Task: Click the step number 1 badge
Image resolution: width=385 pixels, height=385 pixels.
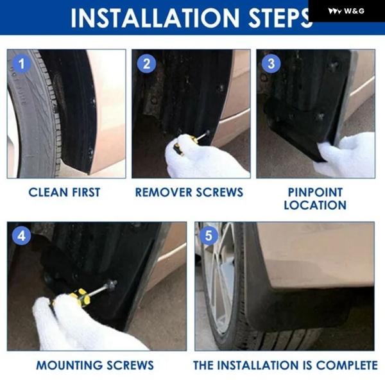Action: coord(22,64)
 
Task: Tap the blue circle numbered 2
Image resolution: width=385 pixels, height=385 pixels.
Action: coord(146,64)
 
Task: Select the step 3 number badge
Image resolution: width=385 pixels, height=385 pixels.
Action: coord(271,64)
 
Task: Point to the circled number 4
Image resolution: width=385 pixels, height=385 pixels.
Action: coord(22,236)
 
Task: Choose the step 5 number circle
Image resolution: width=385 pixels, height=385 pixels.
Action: coord(209,236)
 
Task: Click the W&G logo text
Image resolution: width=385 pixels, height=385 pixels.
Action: coord(354,11)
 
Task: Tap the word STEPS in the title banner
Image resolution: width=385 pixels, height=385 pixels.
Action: coord(279,18)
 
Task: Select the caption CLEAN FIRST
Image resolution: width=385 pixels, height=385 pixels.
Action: coord(64,193)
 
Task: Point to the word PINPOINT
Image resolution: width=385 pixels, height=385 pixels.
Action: coord(315,193)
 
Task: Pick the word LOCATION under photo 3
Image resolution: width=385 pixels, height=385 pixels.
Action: coord(315,205)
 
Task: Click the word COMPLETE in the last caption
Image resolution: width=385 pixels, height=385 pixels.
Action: coord(346,365)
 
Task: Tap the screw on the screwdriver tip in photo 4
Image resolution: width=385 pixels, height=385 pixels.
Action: coord(112,285)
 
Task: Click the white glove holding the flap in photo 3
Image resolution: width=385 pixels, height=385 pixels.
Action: coord(346,155)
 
